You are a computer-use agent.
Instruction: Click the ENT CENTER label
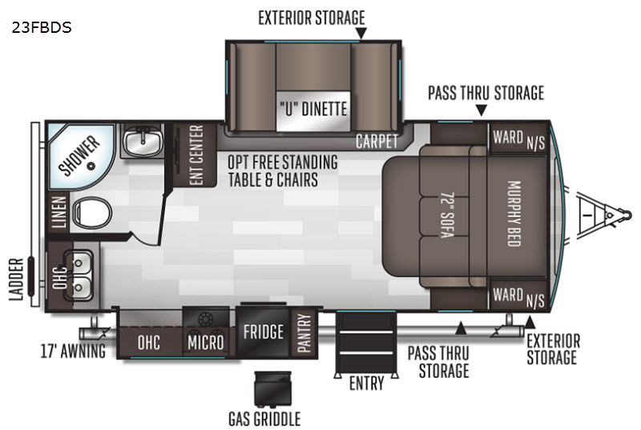pyautogui.click(x=195, y=155)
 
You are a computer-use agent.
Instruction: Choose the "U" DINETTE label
pyautogui.click(x=312, y=108)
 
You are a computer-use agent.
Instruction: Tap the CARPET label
pyautogui.click(x=377, y=142)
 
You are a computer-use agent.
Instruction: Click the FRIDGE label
pyautogui.click(x=264, y=332)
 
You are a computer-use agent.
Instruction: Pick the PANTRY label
pyautogui.click(x=303, y=332)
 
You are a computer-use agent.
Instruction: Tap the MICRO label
pyautogui.click(x=205, y=344)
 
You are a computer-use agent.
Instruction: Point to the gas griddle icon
pyautogui.click(x=268, y=390)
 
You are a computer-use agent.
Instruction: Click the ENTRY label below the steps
pyautogui.click(x=365, y=384)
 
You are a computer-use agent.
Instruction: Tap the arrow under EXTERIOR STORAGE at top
pyautogui.click(x=361, y=33)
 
